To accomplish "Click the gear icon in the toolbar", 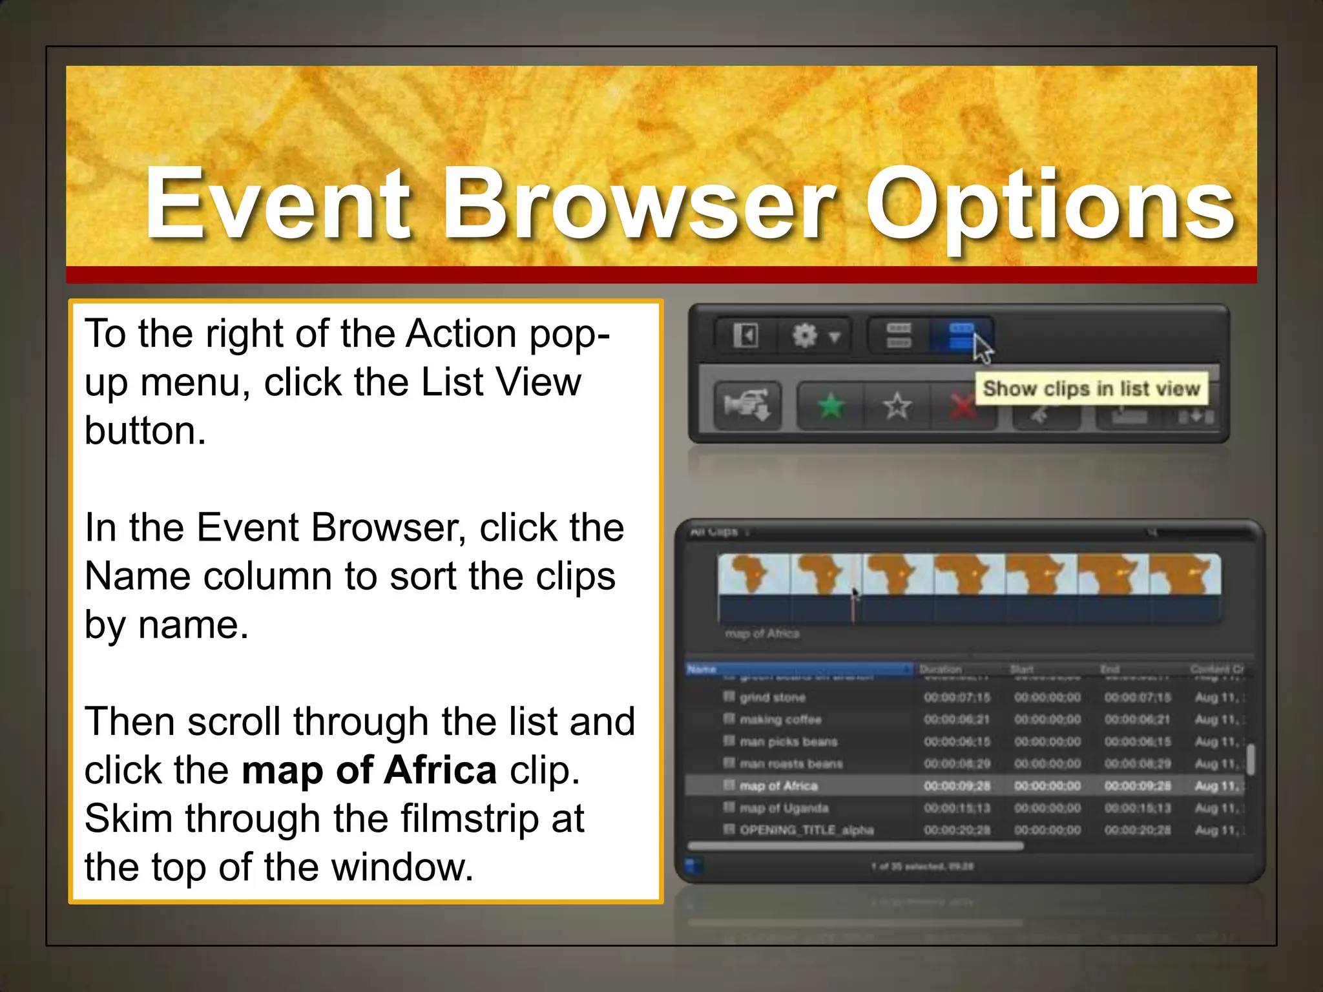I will [x=806, y=336].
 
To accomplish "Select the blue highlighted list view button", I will [x=961, y=336].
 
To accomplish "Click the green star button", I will [x=831, y=406].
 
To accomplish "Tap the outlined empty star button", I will [x=897, y=406].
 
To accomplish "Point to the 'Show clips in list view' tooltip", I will [x=1091, y=389].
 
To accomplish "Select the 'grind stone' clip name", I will [x=773, y=697].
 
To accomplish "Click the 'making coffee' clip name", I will [x=780, y=719].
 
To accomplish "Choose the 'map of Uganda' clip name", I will [x=784, y=808].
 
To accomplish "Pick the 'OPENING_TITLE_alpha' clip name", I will [x=806, y=830].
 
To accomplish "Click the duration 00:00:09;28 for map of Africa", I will [x=957, y=786].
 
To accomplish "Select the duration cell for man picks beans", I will [x=957, y=741].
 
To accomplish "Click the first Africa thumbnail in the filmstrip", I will [x=753, y=575].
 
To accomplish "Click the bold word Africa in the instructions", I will [x=440, y=770].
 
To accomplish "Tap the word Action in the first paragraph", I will [x=461, y=334].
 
